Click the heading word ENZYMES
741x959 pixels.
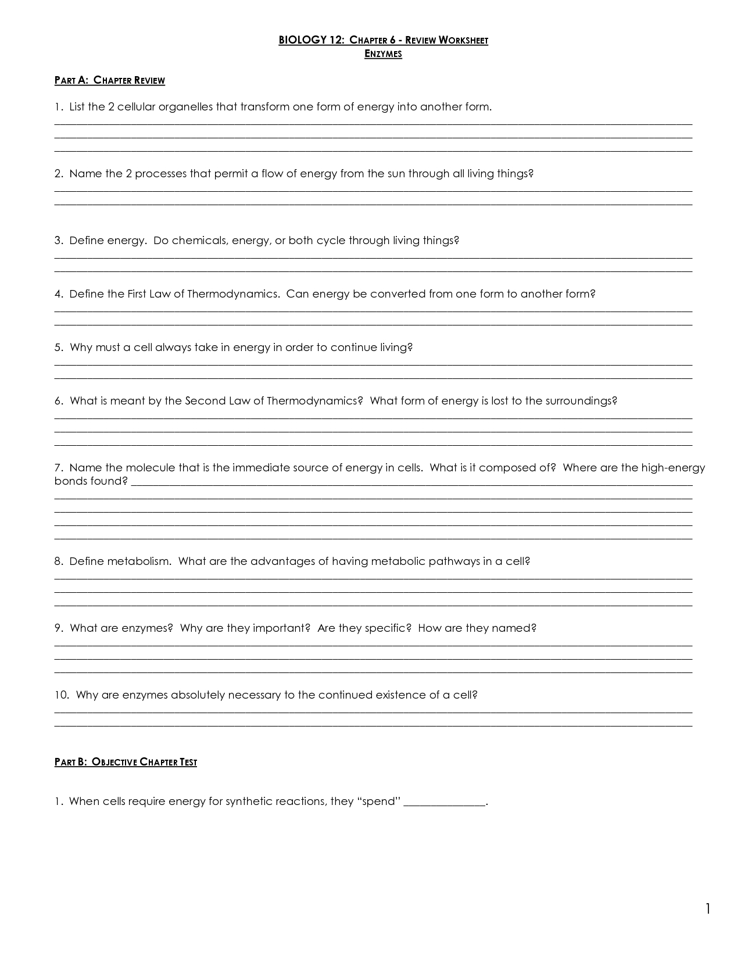coord(383,54)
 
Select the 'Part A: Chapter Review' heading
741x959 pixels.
coord(110,80)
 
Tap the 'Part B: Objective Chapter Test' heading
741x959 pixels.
coord(126,762)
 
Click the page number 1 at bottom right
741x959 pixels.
coord(708,909)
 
